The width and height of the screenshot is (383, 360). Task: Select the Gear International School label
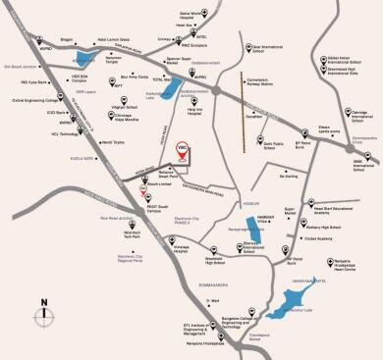point(273,47)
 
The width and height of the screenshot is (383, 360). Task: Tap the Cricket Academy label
point(324,237)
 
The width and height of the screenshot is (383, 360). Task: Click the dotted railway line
point(242,99)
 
